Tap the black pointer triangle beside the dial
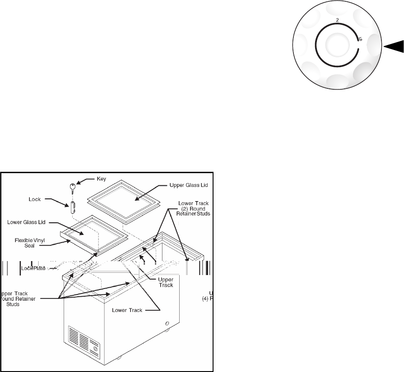point(394,46)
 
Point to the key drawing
point(73,187)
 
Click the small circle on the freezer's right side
point(167,324)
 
